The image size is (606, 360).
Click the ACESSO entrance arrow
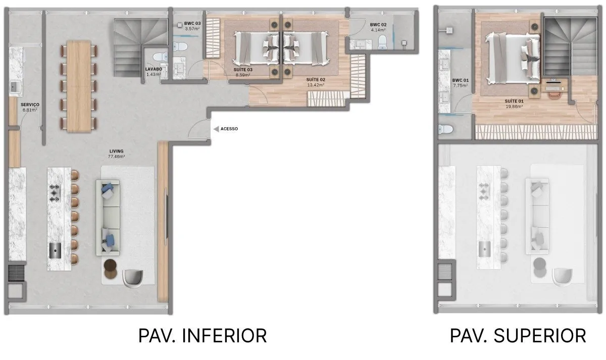216,129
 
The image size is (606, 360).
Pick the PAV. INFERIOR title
203,335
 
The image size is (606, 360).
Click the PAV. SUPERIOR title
518,335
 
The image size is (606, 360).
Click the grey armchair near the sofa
132,277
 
